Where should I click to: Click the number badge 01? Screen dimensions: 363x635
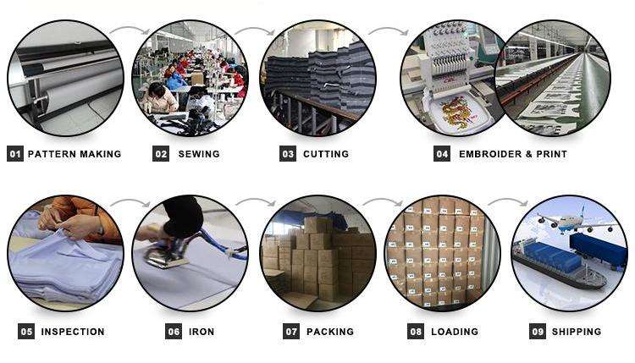(14, 154)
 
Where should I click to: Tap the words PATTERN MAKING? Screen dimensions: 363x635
(75, 154)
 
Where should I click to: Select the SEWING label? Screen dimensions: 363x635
(199, 154)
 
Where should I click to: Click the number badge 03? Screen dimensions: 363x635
(288, 154)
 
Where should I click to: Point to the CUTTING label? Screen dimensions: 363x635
(326, 154)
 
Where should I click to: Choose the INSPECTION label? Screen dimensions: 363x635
(73, 332)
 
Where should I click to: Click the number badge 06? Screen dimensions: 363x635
(174, 332)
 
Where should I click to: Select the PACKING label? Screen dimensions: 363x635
(330, 332)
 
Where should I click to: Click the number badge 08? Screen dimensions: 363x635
(416, 332)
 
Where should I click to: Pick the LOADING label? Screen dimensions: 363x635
(455, 332)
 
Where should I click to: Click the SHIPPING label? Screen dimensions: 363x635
(577, 332)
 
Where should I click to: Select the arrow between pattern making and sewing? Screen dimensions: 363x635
(128, 32)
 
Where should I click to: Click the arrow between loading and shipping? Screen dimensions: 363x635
(507, 203)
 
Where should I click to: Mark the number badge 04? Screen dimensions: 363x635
(442, 154)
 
